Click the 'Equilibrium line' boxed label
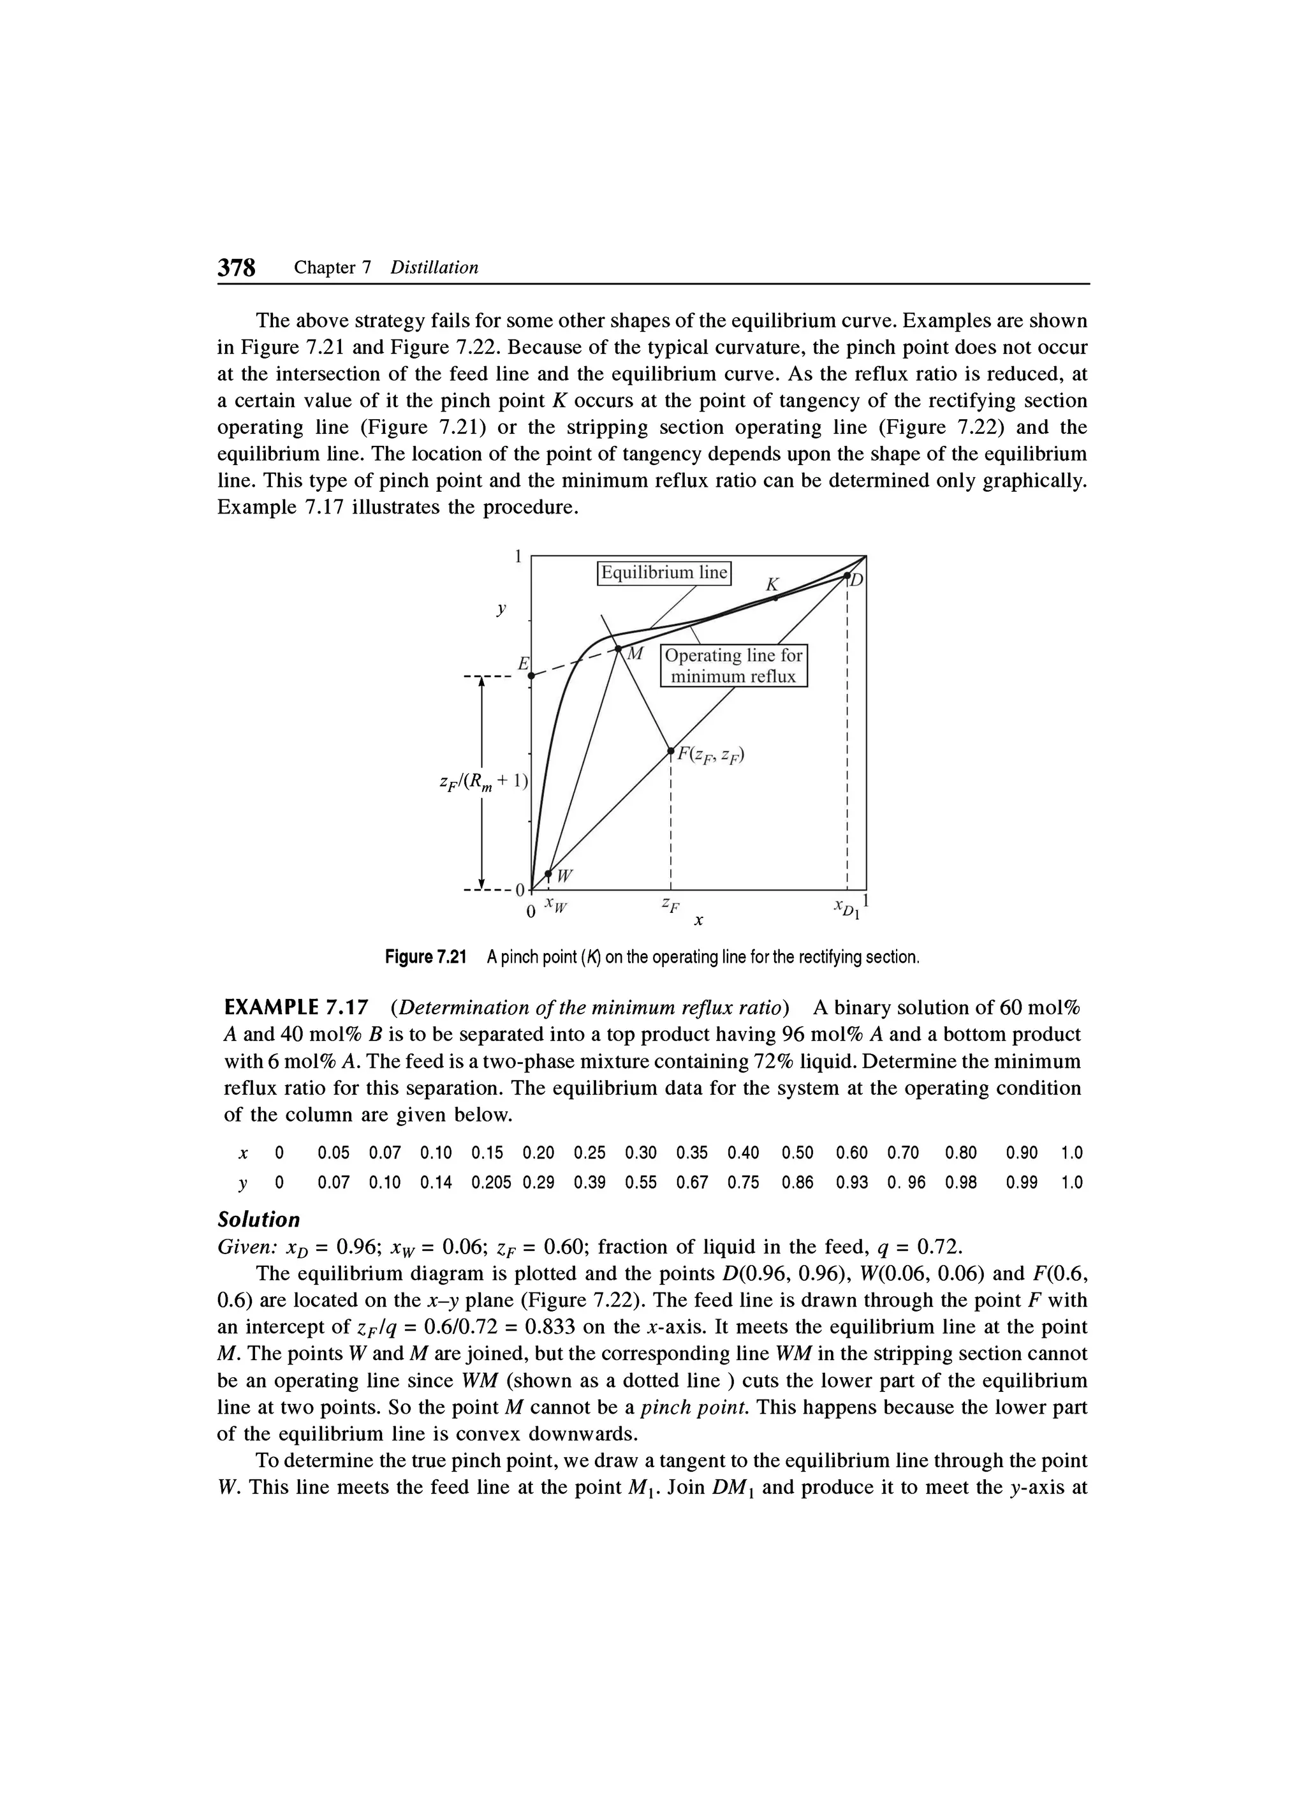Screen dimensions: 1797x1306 (664, 572)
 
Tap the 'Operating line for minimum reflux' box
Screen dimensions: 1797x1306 (733, 665)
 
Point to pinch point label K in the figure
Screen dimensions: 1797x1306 (773, 585)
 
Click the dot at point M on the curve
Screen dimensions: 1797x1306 (619, 649)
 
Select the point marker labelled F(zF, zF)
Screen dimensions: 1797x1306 (670, 749)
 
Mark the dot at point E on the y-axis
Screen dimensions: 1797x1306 (531, 676)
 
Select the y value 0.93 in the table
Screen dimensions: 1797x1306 (852, 1183)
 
